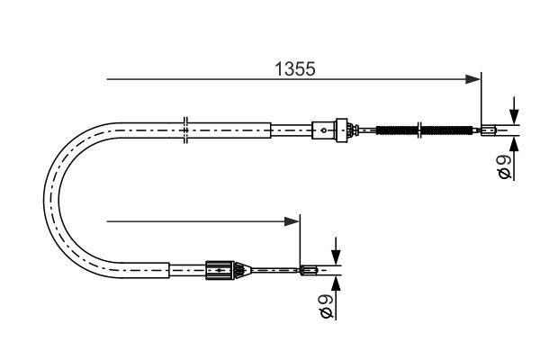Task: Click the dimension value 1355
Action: coord(294,68)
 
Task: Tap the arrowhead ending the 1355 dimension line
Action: coord(473,80)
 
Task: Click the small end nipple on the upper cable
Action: coord(490,130)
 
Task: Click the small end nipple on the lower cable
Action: coord(309,268)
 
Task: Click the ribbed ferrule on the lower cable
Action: coord(220,268)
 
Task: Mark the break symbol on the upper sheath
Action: coord(184,130)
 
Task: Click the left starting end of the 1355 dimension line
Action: coord(108,80)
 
